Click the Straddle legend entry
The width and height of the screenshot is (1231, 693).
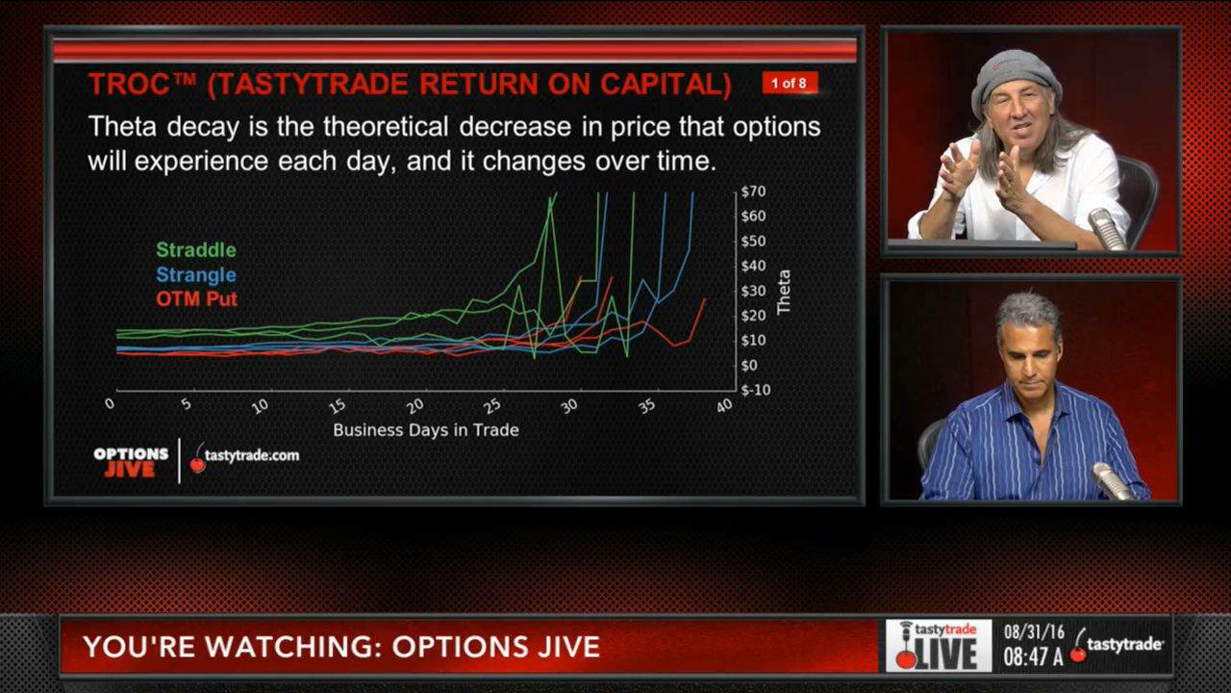[x=196, y=250]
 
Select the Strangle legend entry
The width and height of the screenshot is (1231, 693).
[x=196, y=275]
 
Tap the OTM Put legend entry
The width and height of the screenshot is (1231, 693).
[x=196, y=299]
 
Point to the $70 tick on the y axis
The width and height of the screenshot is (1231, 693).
[x=753, y=192]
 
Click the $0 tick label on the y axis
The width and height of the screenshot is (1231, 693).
[x=749, y=365]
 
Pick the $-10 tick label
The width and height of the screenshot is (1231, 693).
[x=756, y=390]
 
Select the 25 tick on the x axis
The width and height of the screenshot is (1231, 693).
[x=492, y=406]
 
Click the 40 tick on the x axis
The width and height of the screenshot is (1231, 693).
[x=724, y=406]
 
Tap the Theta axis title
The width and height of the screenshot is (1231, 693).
[x=784, y=292]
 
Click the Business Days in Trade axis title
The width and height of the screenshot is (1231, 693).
[x=426, y=430]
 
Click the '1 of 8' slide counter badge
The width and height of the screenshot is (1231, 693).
[x=790, y=83]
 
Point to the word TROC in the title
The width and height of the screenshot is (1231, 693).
[x=129, y=85]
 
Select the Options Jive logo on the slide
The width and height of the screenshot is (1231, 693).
[x=130, y=463]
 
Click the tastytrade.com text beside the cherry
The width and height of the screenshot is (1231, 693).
[x=252, y=455]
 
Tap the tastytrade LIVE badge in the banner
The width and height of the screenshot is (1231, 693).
[x=939, y=646]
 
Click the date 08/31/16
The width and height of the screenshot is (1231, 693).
[x=1034, y=632]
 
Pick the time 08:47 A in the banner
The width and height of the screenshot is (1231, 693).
[x=1033, y=656]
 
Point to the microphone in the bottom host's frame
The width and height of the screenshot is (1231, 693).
[x=1112, y=480]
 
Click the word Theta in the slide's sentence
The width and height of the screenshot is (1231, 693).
[x=122, y=126]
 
